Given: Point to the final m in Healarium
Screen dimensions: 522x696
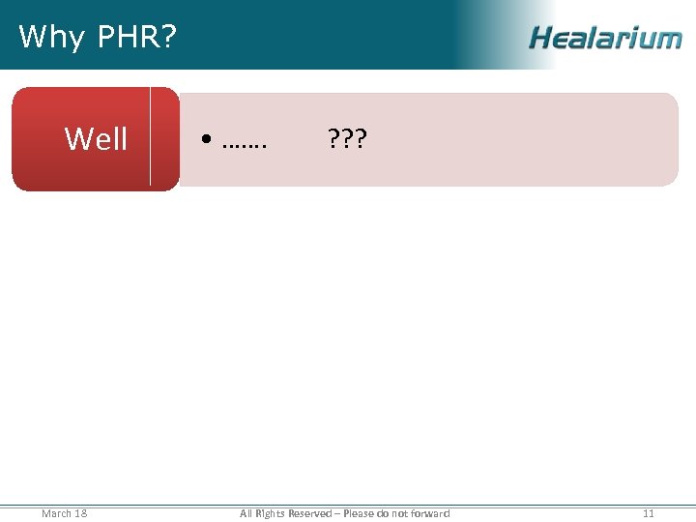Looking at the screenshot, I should [x=668, y=39].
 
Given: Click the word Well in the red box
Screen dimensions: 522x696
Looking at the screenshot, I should [x=96, y=139].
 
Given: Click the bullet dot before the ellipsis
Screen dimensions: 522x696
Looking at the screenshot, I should [x=208, y=141].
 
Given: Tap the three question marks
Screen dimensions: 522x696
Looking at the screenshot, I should [x=346, y=140].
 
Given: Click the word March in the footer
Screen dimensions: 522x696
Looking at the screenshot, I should [x=56, y=513].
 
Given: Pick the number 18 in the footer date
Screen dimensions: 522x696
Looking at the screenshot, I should [x=80, y=513].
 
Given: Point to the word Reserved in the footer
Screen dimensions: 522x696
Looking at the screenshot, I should [x=309, y=513].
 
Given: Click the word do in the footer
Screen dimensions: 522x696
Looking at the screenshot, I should [x=384, y=513].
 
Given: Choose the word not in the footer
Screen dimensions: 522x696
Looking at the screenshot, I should [x=401, y=513].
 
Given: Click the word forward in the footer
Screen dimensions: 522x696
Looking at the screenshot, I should [x=431, y=513].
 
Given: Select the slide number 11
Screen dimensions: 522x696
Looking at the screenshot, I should [x=649, y=513].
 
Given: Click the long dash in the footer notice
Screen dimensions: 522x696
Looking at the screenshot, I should [x=336, y=513].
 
